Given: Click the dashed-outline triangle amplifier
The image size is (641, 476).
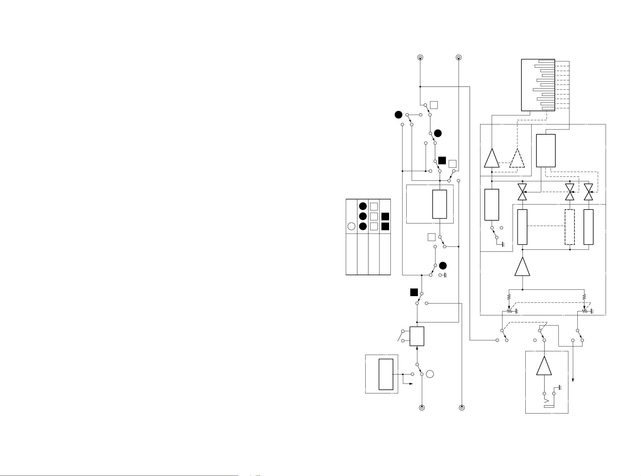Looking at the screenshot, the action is click(x=517, y=159).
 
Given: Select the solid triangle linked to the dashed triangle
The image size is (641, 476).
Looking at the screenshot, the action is click(x=492, y=159).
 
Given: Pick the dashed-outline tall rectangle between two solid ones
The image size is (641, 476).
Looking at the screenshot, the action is click(x=569, y=227).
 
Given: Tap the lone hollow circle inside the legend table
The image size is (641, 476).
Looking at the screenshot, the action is click(x=351, y=227).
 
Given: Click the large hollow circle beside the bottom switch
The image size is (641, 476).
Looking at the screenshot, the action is click(x=430, y=374).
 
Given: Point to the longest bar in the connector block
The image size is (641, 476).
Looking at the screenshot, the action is click(x=544, y=89).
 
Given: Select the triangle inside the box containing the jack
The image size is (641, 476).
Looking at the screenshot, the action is click(x=544, y=367).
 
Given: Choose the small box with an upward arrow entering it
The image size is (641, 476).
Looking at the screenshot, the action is click(x=417, y=336).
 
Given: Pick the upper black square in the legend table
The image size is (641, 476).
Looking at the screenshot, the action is click(x=385, y=216).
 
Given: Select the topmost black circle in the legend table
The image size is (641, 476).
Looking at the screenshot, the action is click(x=363, y=206).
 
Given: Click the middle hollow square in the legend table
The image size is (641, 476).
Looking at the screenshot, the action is click(x=374, y=216).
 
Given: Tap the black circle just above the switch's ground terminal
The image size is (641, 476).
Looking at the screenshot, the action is click(x=443, y=266).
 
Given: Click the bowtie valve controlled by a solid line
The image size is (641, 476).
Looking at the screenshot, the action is click(x=522, y=192).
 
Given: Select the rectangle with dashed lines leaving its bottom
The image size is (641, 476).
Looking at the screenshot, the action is click(x=546, y=150).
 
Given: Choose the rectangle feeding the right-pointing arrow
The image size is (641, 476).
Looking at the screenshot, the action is click(x=386, y=374).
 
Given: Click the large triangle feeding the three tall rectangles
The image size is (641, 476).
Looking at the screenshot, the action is click(x=522, y=267).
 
